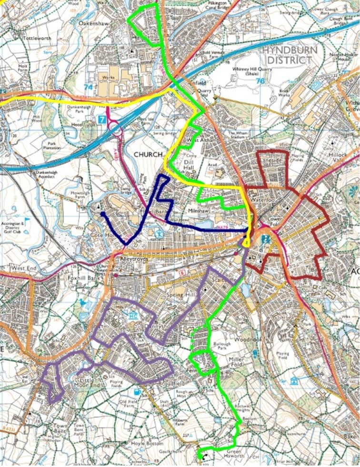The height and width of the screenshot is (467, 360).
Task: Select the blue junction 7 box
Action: [x=102, y=119]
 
